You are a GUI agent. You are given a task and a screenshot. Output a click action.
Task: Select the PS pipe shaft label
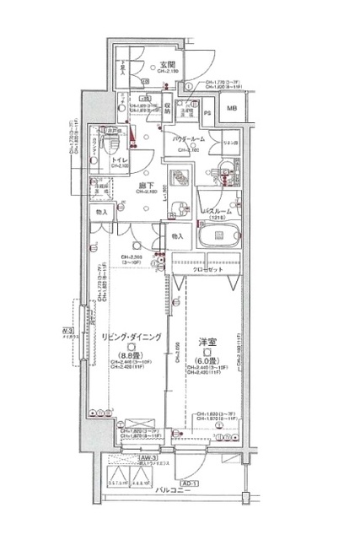pos(207,112)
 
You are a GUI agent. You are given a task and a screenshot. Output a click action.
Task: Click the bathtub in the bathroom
pos(220,235)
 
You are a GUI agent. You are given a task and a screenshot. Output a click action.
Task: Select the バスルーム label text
pos(221,208)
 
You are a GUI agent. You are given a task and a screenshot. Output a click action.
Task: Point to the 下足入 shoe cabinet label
pos(123,71)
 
